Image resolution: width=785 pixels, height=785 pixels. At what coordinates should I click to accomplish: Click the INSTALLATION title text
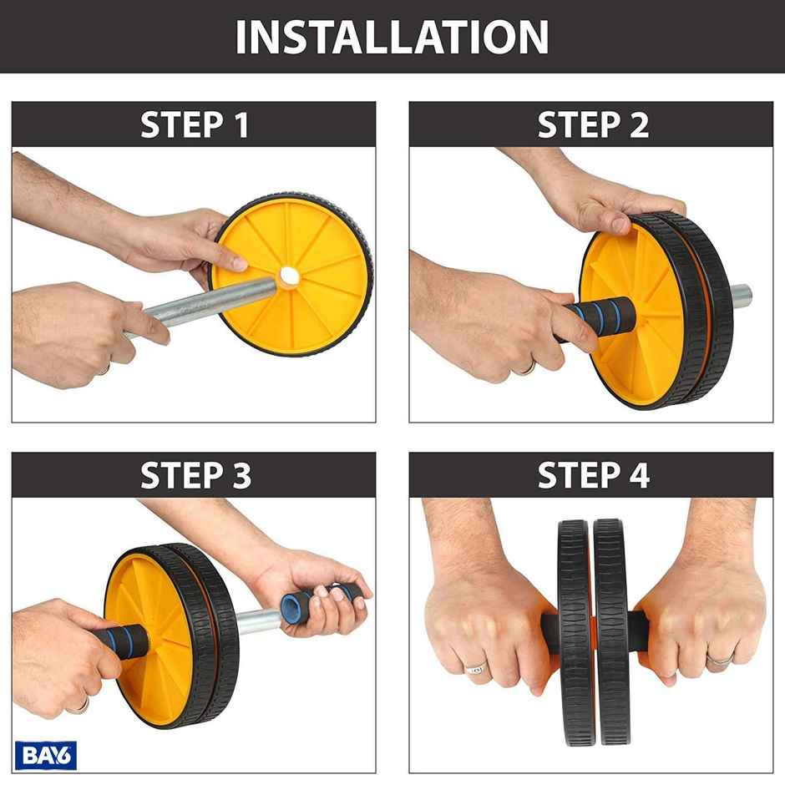tap(392, 37)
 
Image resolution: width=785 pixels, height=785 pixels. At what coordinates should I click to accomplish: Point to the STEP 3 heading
tap(195, 475)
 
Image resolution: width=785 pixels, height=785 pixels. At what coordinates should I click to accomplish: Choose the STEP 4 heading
tap(592, 475)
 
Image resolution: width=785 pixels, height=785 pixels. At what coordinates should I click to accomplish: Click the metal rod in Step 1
tap(209, 303)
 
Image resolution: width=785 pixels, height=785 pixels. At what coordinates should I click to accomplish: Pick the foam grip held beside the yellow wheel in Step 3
tap(129, 641)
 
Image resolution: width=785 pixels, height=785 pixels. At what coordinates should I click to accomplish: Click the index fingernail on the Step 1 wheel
tap(238, 265)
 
